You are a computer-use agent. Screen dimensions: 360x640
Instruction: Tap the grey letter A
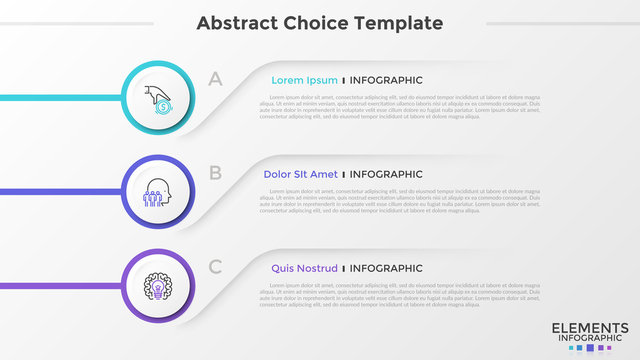point(214,79)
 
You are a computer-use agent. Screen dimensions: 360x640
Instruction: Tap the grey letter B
point(214,173)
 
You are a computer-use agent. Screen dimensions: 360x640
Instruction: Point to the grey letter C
point(215,267)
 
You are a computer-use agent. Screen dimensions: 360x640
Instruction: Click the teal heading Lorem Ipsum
point(304,80)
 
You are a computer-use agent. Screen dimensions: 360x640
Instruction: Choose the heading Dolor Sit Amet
point(300,174)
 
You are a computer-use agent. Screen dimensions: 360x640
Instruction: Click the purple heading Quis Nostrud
point(304,268)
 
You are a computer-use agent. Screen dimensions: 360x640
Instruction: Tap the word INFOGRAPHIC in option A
point(386,80)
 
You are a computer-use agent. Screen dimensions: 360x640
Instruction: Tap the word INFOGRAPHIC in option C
point(386,268)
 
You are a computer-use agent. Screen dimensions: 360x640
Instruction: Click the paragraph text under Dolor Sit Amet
point(400,201)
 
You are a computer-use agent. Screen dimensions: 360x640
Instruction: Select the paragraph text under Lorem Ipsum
point(400,107)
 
